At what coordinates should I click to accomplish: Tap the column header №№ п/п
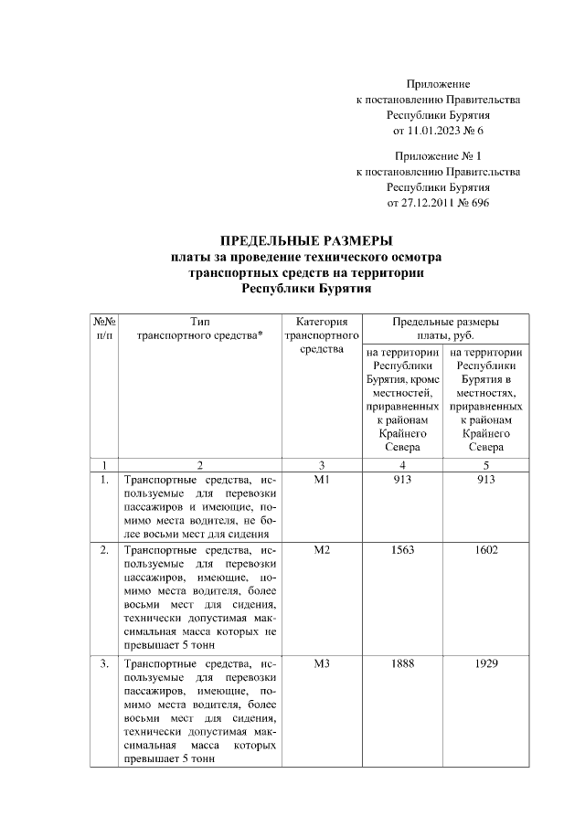coord(103,328)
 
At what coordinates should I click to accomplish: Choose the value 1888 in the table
coord(403,663)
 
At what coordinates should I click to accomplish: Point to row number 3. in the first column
coord(104,663)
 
